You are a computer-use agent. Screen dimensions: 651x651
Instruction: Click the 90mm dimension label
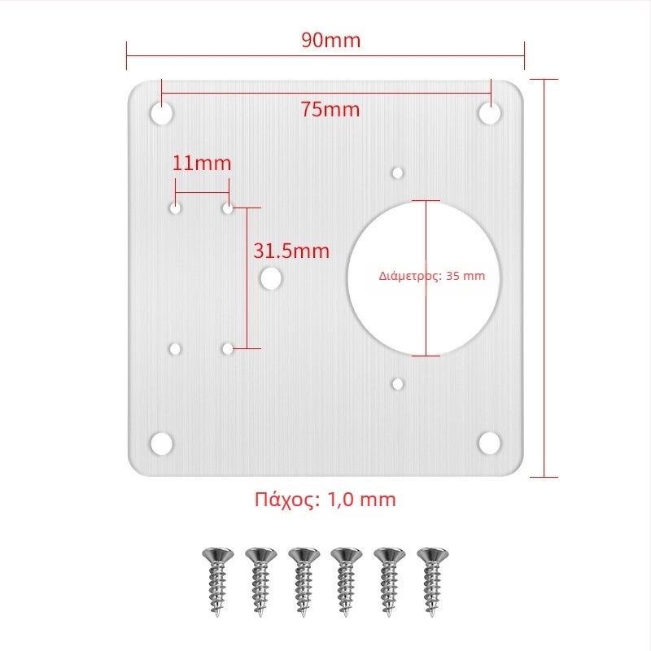tap(331, 40)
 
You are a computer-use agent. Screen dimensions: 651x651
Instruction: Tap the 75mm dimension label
tap(330, 109)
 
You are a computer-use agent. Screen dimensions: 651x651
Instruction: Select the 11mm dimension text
tap(202, 163)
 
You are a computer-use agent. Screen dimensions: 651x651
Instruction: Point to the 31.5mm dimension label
tap(291, 251)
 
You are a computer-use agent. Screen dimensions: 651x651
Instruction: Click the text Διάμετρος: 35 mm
tap(432, 276)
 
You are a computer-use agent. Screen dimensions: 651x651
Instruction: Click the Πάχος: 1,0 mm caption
tap(325, 499)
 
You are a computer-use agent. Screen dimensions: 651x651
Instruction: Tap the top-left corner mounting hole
tap(161, 113)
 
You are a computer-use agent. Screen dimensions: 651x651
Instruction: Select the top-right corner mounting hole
tap(490, 113)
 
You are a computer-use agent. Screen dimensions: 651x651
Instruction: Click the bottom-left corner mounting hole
tap(161, 443)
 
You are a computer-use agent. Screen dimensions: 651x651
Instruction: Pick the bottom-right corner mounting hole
tap(490, 443)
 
